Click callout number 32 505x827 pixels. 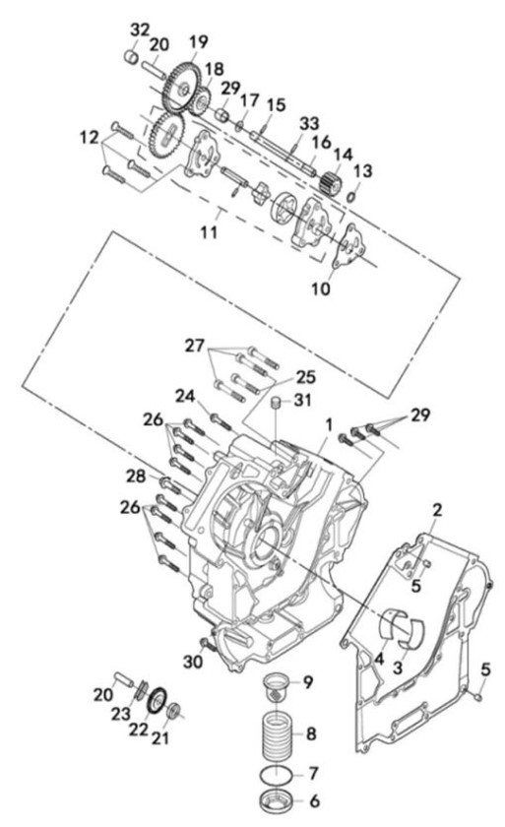[x=140, y=31]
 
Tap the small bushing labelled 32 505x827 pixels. [x=131, y=55]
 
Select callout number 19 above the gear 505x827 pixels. [x=199, y=41]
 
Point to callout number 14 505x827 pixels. [x=343, y=155]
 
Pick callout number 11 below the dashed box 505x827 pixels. [x=210, y=232]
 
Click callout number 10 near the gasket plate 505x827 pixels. [x=321, y=288]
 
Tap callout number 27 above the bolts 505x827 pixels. [x=195, y=346]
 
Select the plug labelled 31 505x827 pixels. [x=275, y=404]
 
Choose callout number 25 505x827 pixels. [x=306, y=377]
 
